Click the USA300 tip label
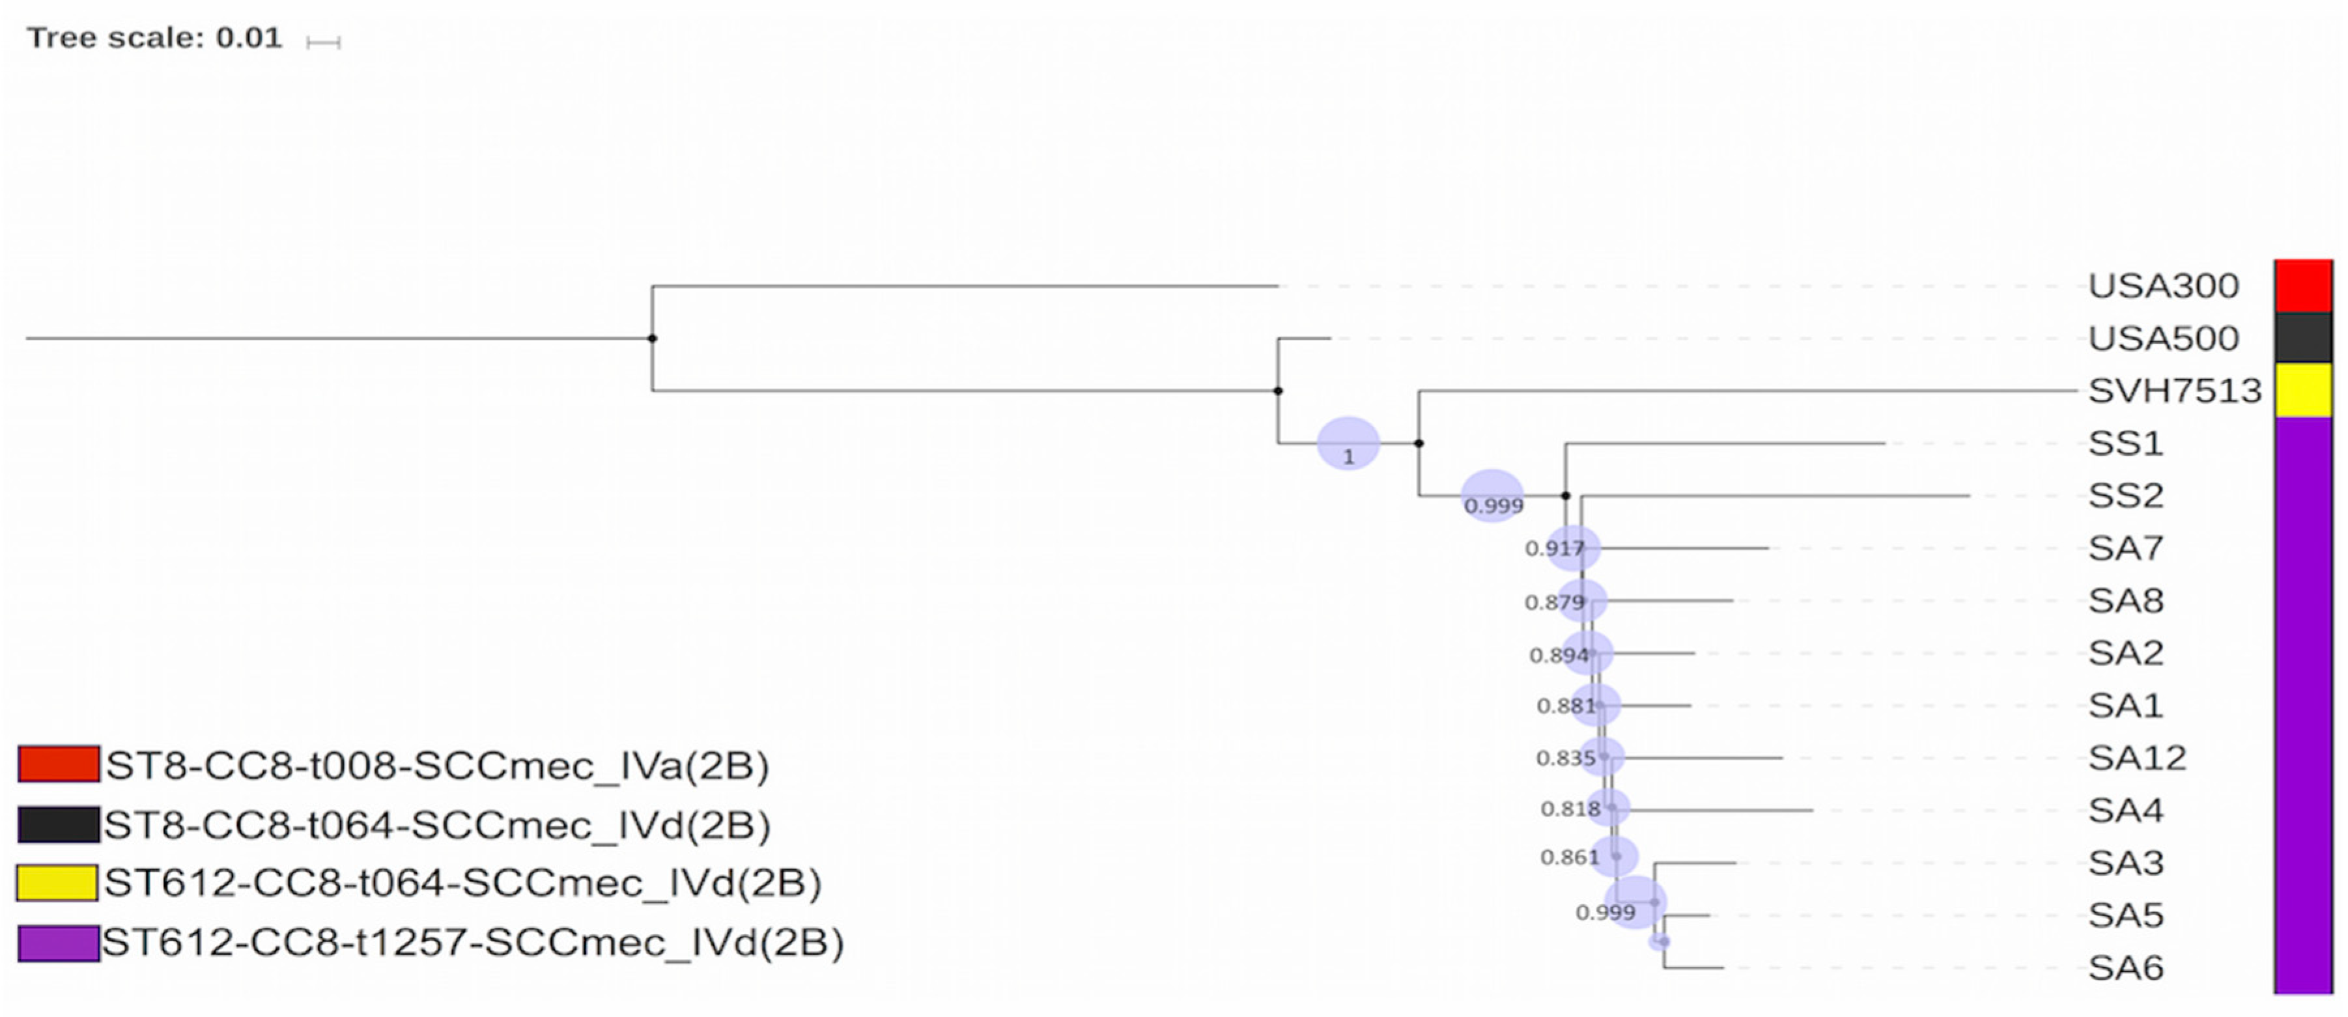[2163, 286]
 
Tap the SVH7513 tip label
[2174, 391]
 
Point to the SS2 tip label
[2126, 495]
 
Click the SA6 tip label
[2126, 968]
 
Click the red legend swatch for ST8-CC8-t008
[59, 764]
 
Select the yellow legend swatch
[57, 882]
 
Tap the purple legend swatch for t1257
[59, 942]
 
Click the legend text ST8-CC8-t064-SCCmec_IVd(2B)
[436, 825]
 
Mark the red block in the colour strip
[2302, 286]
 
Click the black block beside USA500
[2302, 338]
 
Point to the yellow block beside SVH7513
[2302, 390]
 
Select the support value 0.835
[1565, 759]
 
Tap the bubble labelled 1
[1348, 444]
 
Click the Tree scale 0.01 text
[155, 38]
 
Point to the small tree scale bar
[324, 42]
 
